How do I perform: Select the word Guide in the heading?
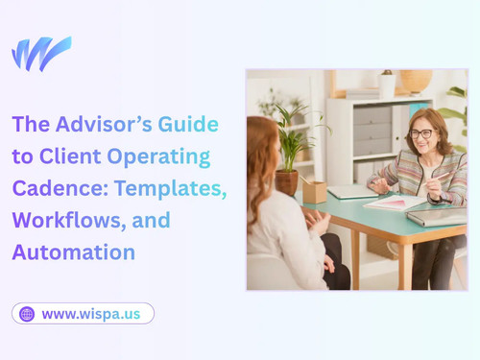[190, 124]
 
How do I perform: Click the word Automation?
[74, 252]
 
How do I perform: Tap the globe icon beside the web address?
[27, 314]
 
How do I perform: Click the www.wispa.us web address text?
[92, 314]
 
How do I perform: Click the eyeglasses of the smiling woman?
[421, 133]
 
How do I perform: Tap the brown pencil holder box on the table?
[314, 191]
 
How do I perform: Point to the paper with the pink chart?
[394, 203]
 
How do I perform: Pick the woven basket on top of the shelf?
[416, 81]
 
